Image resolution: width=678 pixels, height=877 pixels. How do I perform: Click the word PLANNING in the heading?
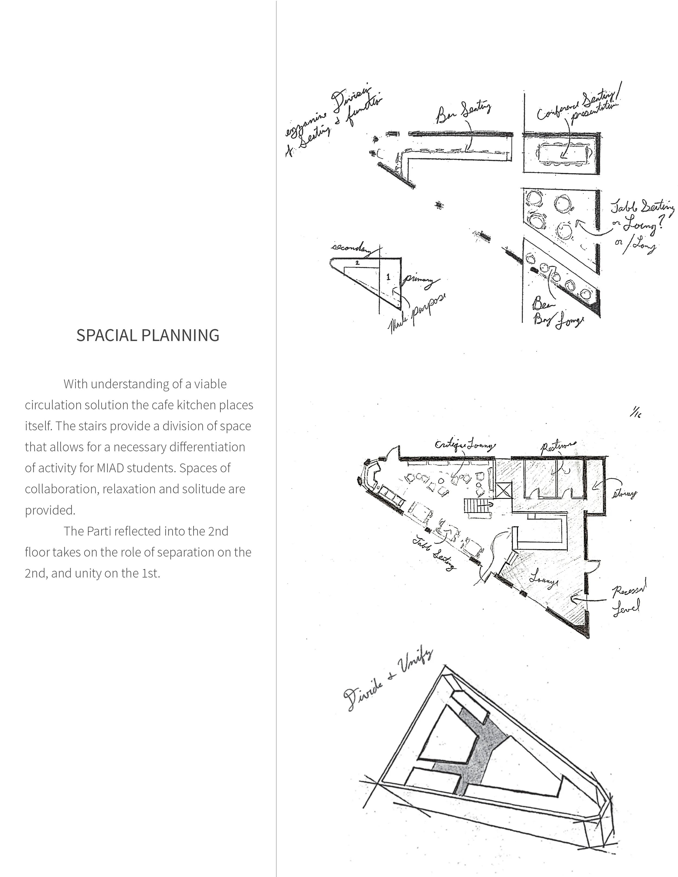[x=177, y=335]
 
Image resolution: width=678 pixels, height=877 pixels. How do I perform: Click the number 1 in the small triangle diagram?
[x=388, y=277]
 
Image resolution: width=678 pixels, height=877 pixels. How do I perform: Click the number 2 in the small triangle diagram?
[x=357, y=263]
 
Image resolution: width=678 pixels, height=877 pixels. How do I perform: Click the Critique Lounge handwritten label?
[x=465, y=445]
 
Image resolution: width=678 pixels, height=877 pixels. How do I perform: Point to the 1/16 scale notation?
[x=635, y=413]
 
